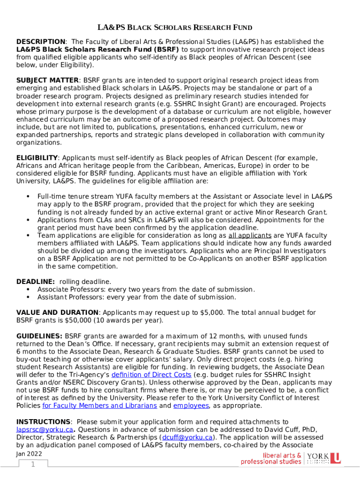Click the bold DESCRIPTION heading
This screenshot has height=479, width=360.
tap(41, 42)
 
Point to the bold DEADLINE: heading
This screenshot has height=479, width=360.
tap(36, 282)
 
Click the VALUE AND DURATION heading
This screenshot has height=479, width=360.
tap(57, 312)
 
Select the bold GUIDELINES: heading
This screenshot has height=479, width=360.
tap(39, 336)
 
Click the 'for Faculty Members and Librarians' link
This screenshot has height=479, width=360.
tap(100, 406)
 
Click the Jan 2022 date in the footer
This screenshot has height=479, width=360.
tap(29, 454)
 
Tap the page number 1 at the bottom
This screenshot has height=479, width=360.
tap(33, 464)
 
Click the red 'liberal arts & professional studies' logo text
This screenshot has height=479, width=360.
tap(271, 458)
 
